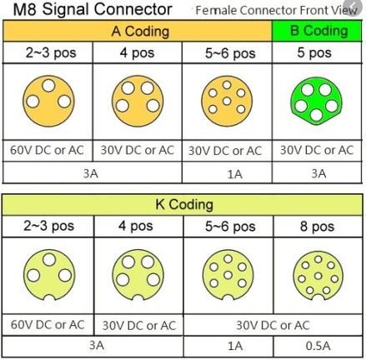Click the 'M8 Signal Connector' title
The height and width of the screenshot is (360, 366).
click(x=93, y=9)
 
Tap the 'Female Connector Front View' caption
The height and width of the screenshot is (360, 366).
click(x=276, y=11)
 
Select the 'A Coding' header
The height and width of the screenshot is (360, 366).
click(x=140, y=31)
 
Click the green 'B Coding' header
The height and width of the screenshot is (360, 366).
click(x=318, y=31)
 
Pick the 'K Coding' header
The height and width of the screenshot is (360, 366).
click(x=184, y=204)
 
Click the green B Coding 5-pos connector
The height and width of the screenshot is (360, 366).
click(x=316, y=101)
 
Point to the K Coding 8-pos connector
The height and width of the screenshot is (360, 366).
click(x=318, y=276)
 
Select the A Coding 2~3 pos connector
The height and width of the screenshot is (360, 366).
click(x=48, y=101)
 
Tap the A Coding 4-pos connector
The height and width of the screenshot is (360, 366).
click(x=138, y=101)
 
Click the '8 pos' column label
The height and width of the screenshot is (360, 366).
click(x=317, y=226)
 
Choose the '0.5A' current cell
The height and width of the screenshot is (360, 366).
click(x=318, y=346)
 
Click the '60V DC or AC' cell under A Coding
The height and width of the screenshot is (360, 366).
click(x=47, y=150)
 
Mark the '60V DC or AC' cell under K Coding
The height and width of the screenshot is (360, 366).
click(x=48, y=324)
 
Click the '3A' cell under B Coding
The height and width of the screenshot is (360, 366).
click(x=318, y=173)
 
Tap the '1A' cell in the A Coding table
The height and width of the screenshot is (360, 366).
click(x=235, y=174)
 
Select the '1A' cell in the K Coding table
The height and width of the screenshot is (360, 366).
click(x=235, y=346)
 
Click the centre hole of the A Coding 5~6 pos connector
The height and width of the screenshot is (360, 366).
click(x=227, y=101)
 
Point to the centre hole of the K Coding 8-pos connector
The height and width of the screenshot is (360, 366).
click(x=318, y=276)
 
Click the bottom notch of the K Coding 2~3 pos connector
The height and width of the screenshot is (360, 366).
click(x=49, y=297)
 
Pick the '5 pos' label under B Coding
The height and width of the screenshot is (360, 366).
click(x=314, y=52)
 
